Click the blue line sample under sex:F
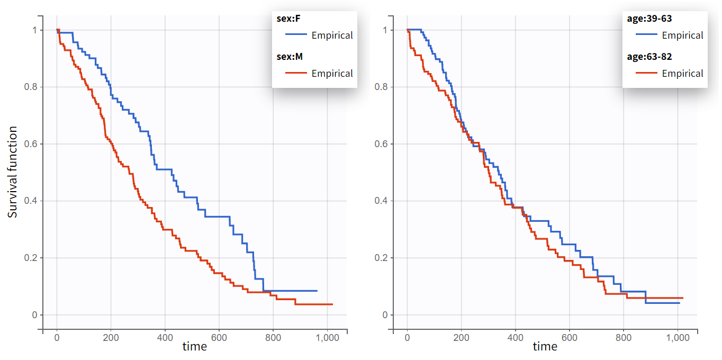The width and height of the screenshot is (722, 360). (x=296, y=35)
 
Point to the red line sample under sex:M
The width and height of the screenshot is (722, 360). (x=296, y=74)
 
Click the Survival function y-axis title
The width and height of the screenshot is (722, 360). (x=13, y=172)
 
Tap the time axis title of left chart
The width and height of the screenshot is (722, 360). (x=194, y=347)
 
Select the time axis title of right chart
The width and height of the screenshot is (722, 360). (x=545, y=347)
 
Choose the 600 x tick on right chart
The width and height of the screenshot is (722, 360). (x=569, y=337)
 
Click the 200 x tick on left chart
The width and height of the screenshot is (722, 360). (x=111, y=337)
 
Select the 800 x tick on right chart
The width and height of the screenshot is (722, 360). (x=623, y=337)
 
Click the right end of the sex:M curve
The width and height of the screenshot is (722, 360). (x=332, y=304)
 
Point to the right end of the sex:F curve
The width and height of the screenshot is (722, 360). (x=317, y=291)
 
